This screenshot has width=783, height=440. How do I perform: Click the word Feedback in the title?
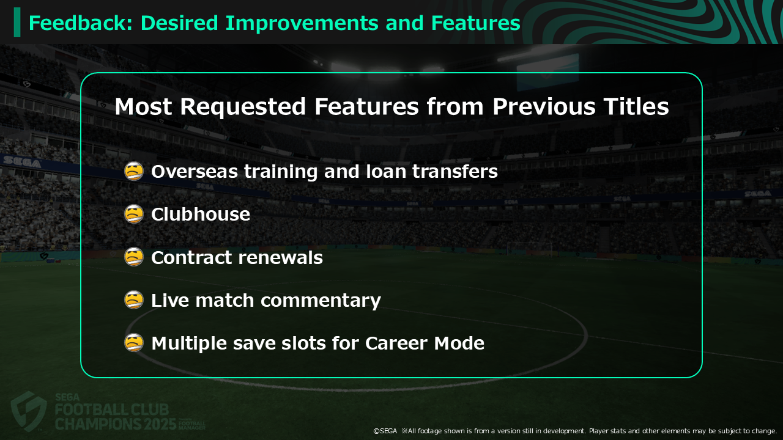pos(80,23)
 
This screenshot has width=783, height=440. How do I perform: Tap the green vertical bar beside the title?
pos(17,23)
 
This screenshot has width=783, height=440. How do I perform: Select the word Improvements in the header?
pos(302,24)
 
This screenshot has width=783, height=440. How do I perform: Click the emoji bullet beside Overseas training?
pos(134,171)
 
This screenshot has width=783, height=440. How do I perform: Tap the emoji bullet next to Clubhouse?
pos(134,214)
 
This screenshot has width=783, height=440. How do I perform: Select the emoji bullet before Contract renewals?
pos(134,257)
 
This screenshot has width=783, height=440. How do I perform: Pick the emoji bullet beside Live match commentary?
pos(134,300)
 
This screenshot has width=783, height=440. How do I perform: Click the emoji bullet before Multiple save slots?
pos(134,343)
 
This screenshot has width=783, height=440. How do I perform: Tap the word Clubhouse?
pos(201,214)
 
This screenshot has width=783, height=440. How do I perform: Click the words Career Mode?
pos(425,343)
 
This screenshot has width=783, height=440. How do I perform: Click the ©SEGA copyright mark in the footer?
pos(385,431)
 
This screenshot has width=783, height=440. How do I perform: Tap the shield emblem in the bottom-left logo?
pos(29,411)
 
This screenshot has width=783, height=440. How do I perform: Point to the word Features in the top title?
pos(476,23)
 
